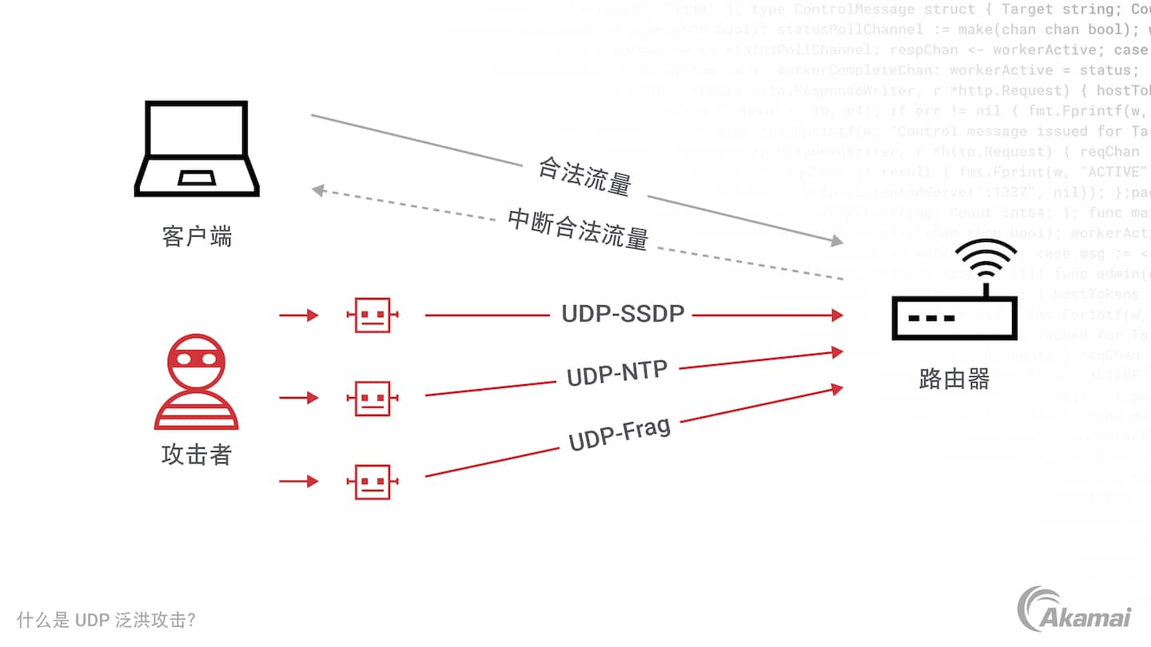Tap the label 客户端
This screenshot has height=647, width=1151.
coord(197,237)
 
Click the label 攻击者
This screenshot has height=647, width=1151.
coord(197,454)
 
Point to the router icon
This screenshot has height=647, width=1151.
coord(954,317)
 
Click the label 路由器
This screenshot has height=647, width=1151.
coord(954,379)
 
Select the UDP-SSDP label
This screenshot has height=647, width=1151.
coord(623,314)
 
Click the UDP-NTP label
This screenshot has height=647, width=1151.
coord(616,373)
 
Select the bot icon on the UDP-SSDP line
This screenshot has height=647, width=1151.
coord(372,316)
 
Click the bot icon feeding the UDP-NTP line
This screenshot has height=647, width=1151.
coord(372,398)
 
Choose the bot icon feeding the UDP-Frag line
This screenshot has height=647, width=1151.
coord(372,482)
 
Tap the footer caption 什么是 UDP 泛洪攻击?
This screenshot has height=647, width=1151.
coord(106,620)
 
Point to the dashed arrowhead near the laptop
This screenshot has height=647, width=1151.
coord(318,190)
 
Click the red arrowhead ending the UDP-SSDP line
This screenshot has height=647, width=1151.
coord(837,316)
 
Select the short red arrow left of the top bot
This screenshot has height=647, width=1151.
coord(298,316)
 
